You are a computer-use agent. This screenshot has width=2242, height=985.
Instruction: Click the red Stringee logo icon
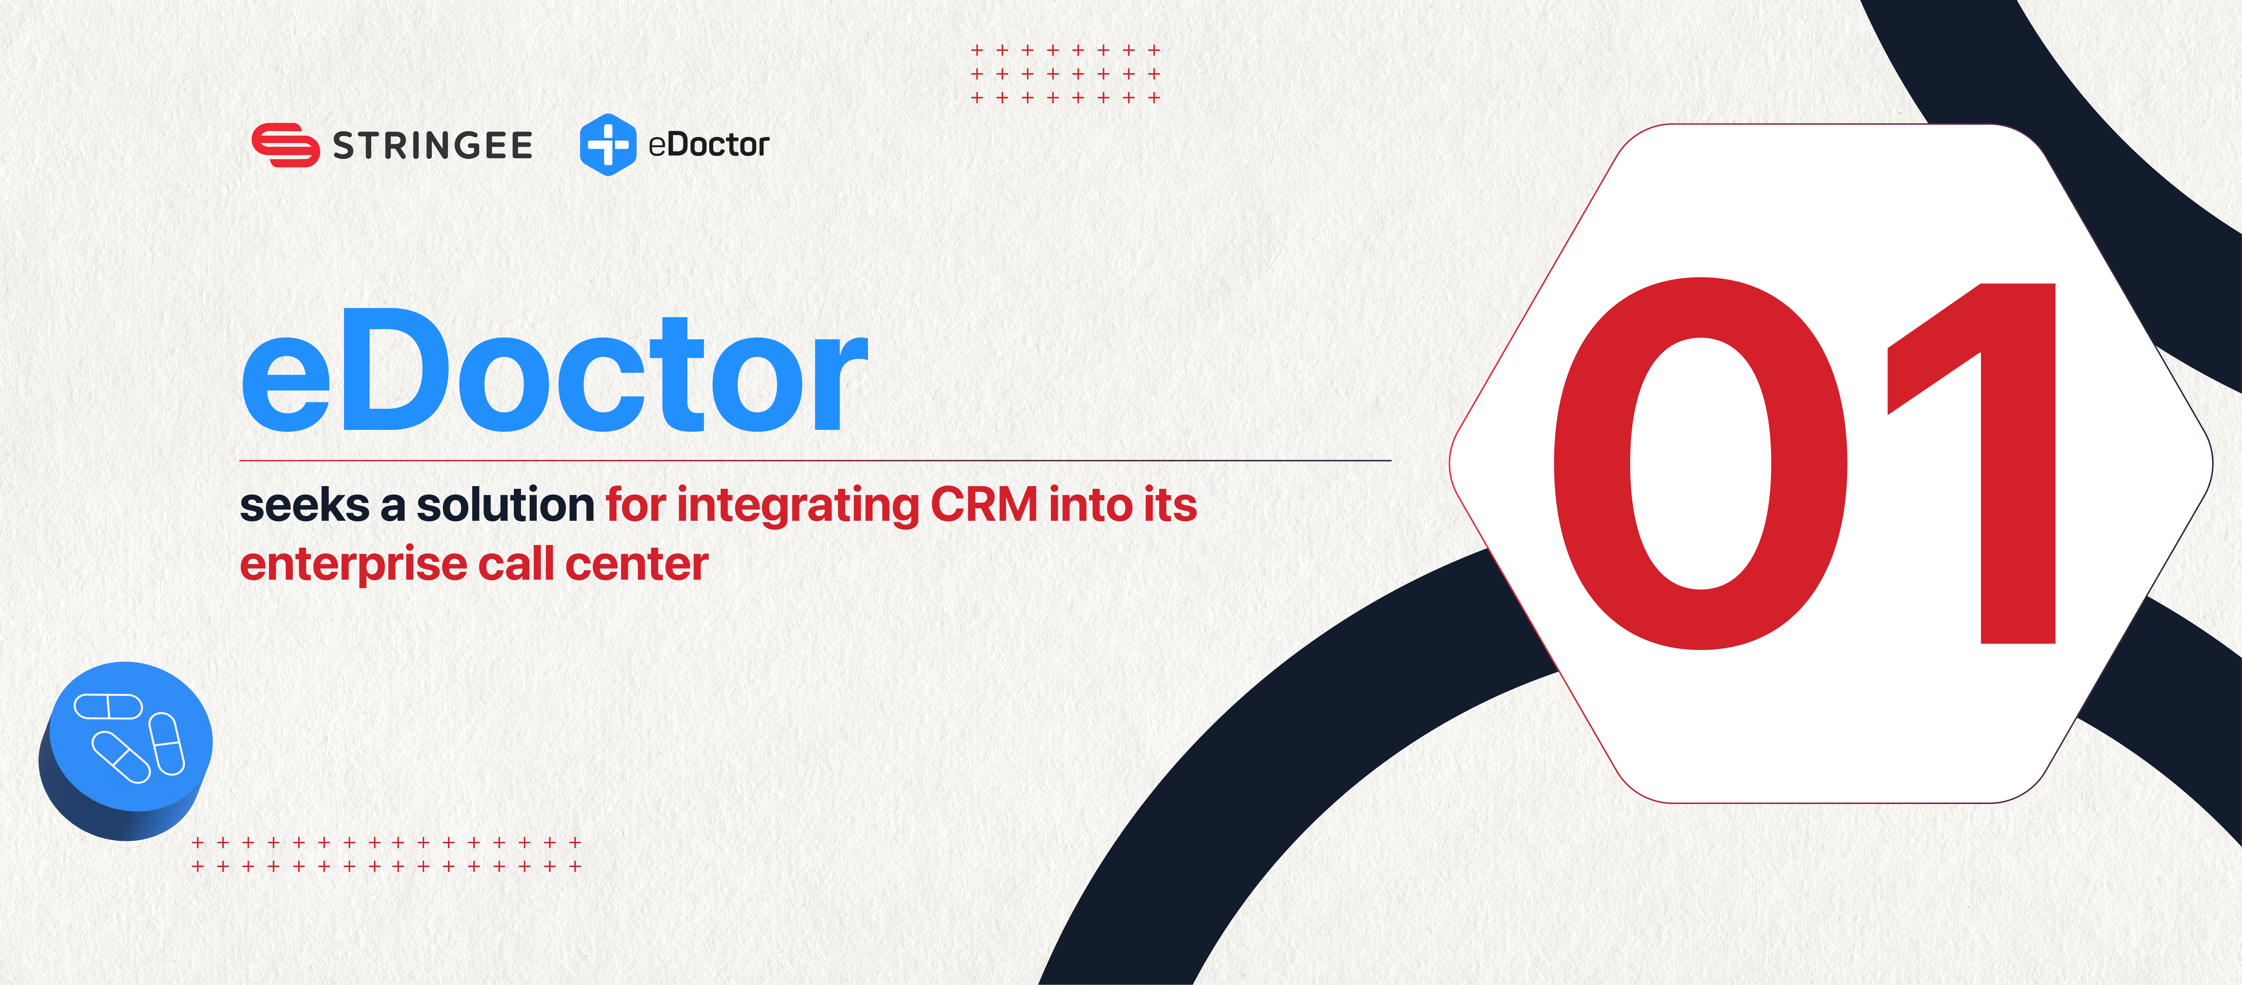point(284,144)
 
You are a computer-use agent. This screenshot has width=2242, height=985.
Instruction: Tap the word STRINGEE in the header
point(432,145)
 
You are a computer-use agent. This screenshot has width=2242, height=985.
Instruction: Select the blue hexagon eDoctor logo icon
point(608,144)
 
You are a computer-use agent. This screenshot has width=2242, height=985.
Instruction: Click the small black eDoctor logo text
point(709,144)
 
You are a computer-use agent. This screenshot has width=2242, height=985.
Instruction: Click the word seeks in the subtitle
point(305,505)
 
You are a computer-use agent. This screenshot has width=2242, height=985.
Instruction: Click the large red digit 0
point(1701,463)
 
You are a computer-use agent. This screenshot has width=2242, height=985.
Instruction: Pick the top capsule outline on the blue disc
point(108,706)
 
